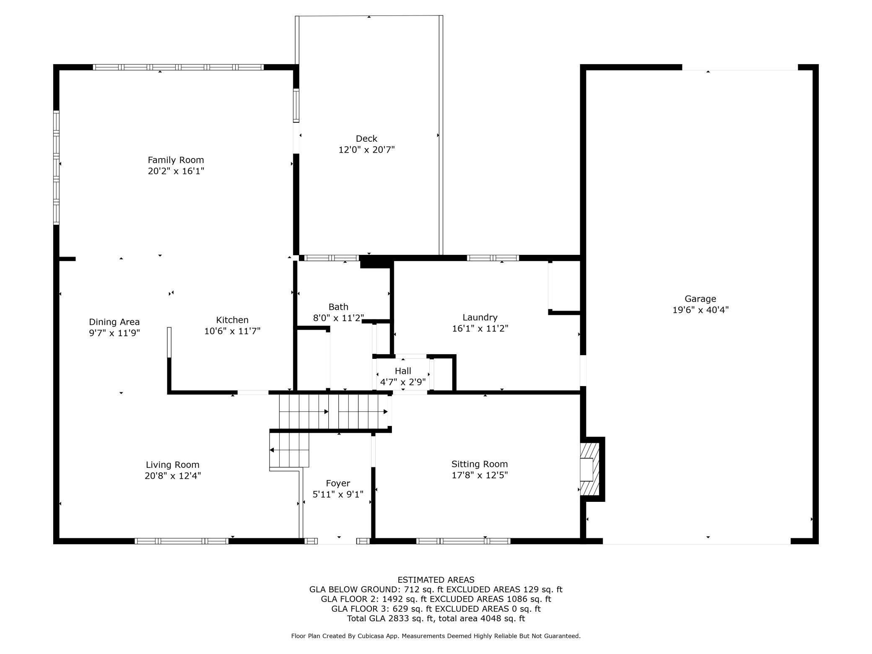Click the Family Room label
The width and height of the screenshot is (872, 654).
point(176,160)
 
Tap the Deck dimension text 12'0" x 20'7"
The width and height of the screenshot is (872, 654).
point(367,150)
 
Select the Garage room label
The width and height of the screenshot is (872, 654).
point(700,299)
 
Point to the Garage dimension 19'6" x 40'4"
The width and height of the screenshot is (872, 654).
point(701,310)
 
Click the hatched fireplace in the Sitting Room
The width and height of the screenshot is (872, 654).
point(589,469)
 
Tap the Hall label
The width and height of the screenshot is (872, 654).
point(403,371)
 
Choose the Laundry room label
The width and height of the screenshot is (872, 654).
point(480,317)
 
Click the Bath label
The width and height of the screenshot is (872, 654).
point(338,307)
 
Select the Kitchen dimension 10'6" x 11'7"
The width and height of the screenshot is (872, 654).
point(232,331)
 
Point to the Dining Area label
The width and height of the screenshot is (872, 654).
point(114,322)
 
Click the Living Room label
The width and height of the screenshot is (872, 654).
point(173,465)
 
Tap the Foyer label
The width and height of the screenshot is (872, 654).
point(338,483)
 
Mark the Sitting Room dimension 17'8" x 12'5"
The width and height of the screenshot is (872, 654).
point(480,475)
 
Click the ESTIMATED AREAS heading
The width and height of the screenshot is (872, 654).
point(436,580)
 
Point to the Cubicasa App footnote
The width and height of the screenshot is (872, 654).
point(436,636)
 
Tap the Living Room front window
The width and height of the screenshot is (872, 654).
point(182,541)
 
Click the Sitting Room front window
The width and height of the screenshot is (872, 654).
point(463,541)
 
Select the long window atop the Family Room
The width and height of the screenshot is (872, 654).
point(178,67)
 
